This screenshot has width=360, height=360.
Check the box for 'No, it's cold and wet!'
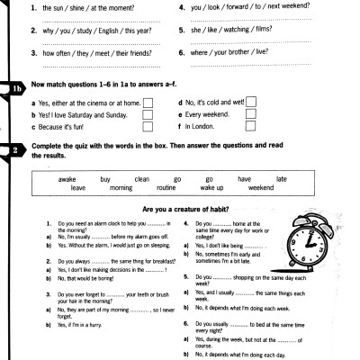tap(251, 102)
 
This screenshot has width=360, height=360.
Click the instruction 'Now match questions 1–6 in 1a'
tap(108, 84)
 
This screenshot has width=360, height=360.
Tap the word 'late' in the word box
tap(281, 179)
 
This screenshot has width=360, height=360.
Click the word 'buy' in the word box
tap(105, 179)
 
